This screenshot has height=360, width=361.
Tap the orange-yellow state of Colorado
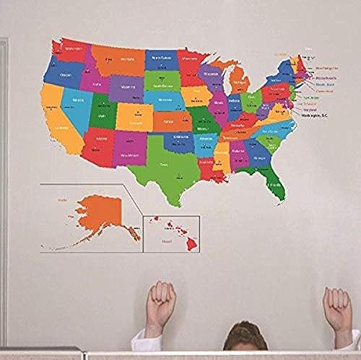(134, 115)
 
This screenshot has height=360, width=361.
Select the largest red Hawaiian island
(191, 244)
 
